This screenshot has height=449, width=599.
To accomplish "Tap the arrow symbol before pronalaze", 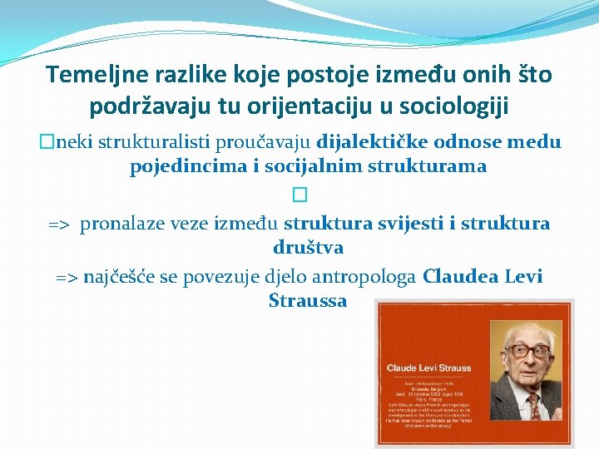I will pos(59,224).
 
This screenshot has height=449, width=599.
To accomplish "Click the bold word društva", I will pos(308,248).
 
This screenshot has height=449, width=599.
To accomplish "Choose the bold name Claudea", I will pos(461,277).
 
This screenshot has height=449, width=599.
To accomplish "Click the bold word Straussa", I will pos(308,301).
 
